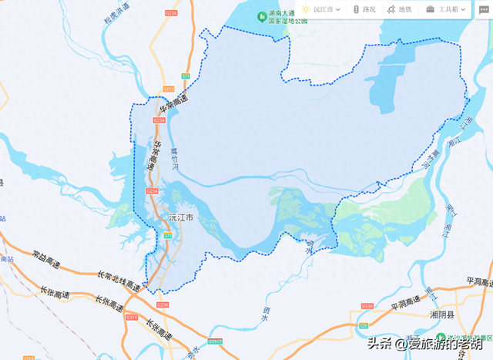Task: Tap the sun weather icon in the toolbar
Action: (306, 9)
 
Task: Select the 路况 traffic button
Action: (364, 9)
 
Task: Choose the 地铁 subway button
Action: (399, 9)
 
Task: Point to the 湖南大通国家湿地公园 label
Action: (287, 18)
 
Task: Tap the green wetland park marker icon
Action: (262, 15)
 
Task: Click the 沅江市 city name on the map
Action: (180, 217)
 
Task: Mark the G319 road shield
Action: (131, 317)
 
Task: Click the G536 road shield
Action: (367, 306)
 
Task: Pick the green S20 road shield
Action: (363, 327)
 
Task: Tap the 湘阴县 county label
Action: (444, 315)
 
